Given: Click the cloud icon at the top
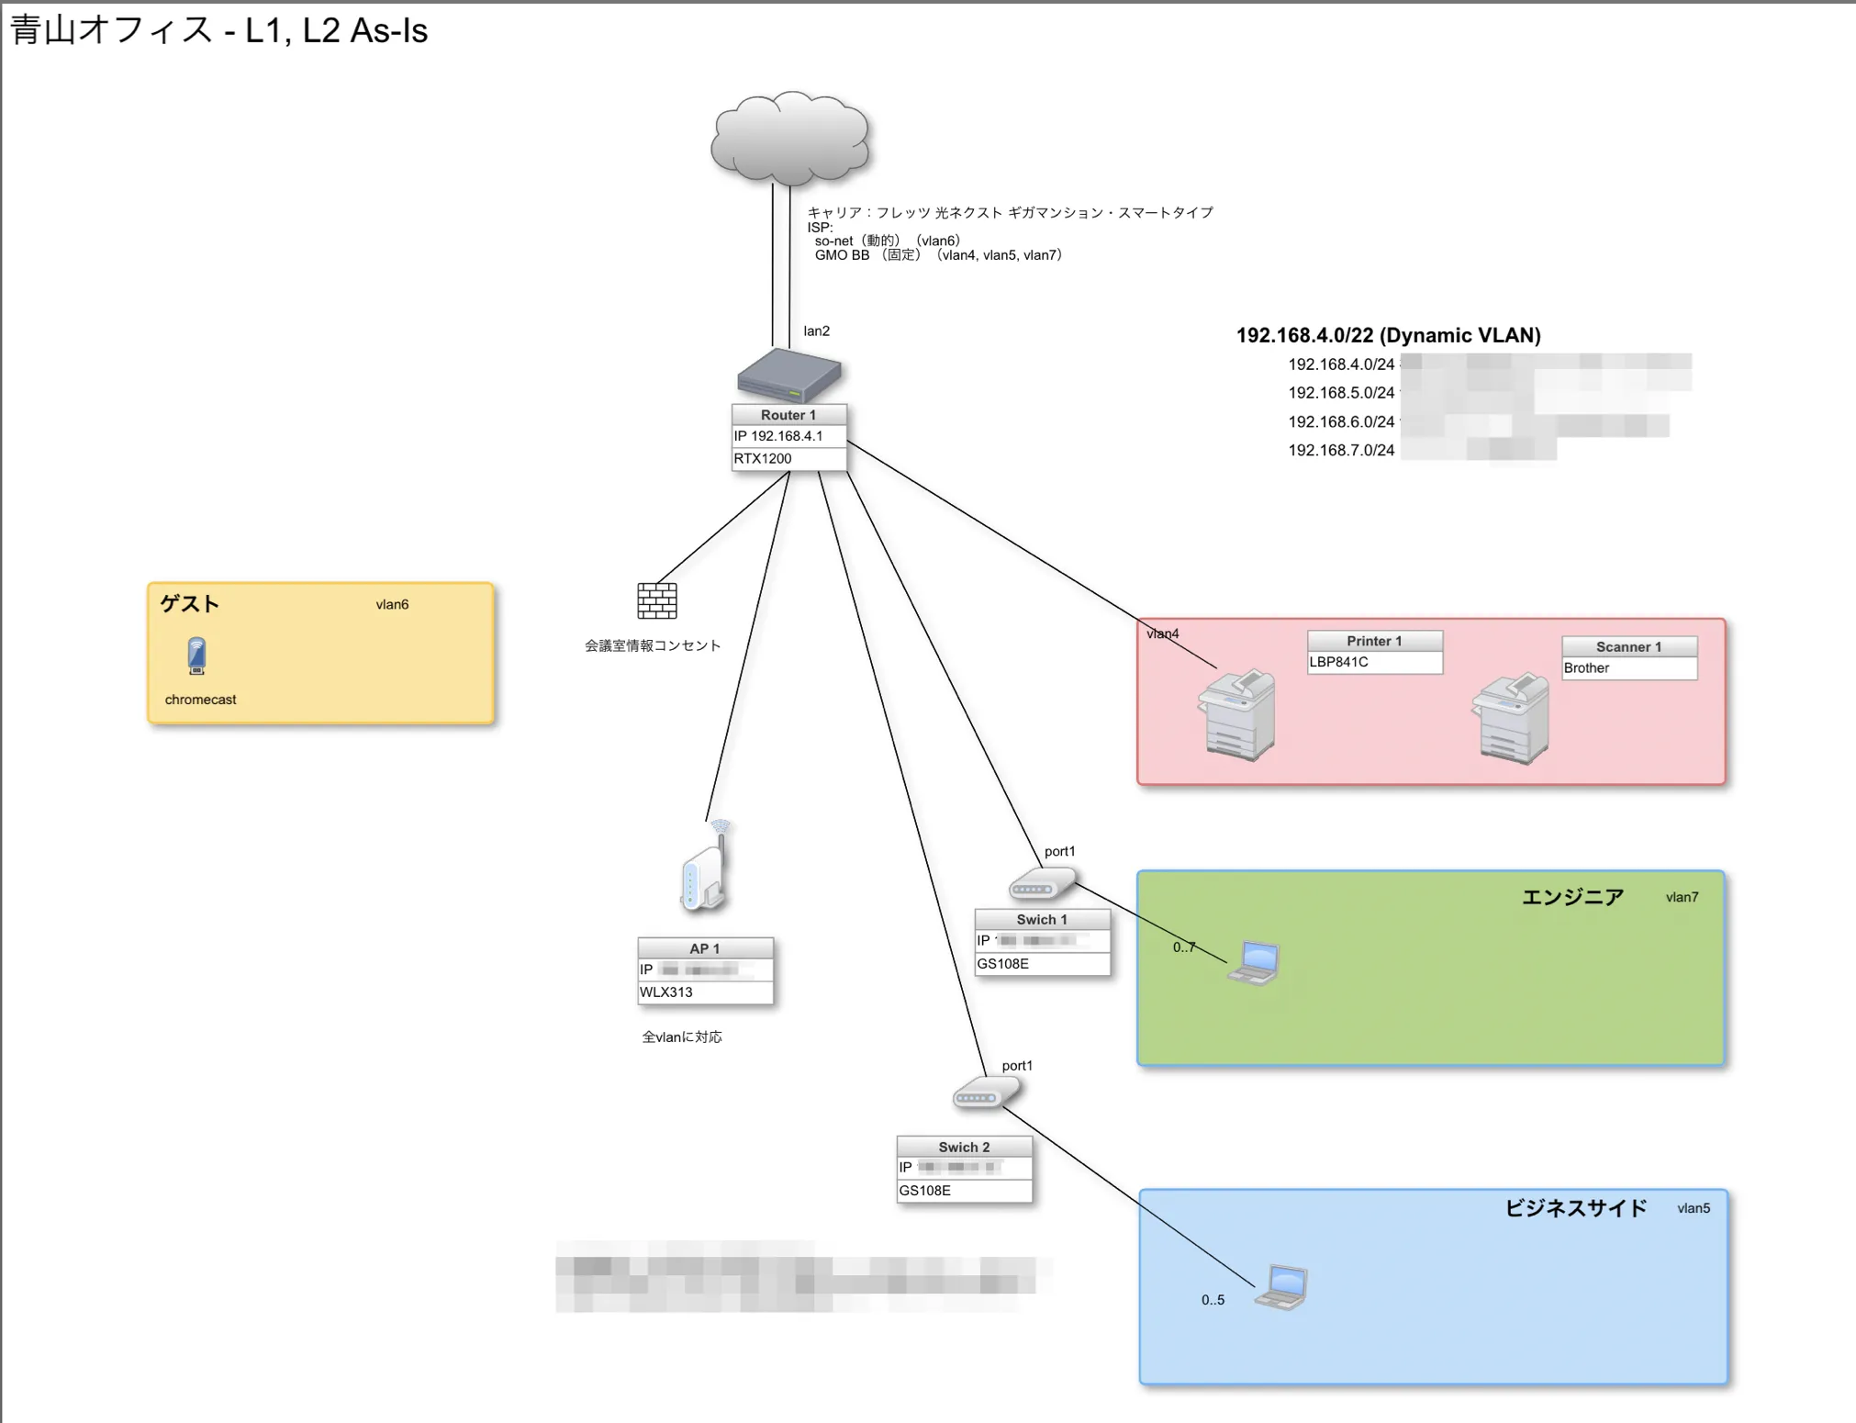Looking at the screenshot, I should (790, 138).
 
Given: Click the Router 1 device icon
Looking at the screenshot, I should (788, 375).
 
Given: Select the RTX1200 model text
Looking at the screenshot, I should (763, 459).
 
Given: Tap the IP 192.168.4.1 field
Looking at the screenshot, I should (778, 436).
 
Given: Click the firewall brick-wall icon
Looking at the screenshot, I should (657, 600).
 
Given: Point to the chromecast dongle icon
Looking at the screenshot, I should (196, 656).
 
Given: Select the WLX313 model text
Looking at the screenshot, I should (666, 992).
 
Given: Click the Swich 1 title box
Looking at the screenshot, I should (1042, 920).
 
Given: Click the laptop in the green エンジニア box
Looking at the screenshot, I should (1254, 963).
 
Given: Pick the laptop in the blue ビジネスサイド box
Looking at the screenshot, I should (1282, 1286).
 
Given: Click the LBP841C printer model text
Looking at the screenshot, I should (1338, 662).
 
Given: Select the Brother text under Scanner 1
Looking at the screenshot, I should (1587, 668).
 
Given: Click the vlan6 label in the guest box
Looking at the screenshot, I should (392, 605).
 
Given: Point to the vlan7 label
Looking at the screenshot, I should (1682, 898).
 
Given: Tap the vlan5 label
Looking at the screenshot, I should (1694, 1209).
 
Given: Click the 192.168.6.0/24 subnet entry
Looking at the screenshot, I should (1341, 422).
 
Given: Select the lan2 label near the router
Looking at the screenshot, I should (816, 331).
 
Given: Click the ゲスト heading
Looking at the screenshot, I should (190, 604).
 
